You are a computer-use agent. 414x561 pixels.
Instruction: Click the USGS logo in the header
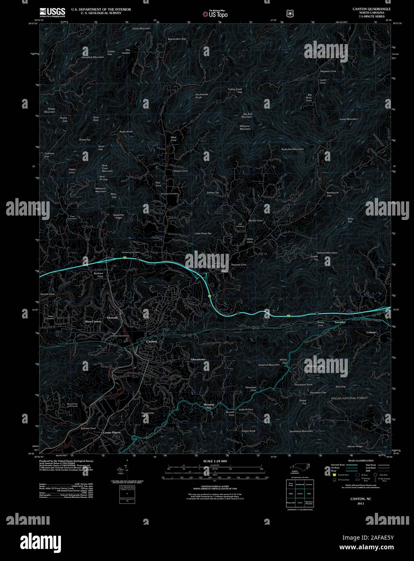click(x=52, y=12)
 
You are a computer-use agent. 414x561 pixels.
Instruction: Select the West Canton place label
click(x=93, y=321)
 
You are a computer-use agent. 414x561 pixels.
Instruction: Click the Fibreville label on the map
click(x=113, y=318)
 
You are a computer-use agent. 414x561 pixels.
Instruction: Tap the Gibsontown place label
click(x=198, y=359)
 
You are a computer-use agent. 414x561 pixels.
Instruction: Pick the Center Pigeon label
click(x=112, y=433)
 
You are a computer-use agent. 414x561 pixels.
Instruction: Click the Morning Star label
click(x=209, y=406)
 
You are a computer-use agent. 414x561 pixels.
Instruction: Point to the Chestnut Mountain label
click(x=269, y=365)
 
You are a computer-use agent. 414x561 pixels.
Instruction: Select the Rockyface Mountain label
click(x=293, y=149)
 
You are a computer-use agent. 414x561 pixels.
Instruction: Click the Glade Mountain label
click(x=141, y=29)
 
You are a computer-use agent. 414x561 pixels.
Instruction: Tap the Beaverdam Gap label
click(x=177, y=39)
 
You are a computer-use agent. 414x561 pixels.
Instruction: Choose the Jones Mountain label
click(x=348, y=119)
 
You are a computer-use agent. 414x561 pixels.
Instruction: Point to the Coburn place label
click(x=371, y=332)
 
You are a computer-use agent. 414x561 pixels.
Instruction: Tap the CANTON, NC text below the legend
click(x=358, y=499)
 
